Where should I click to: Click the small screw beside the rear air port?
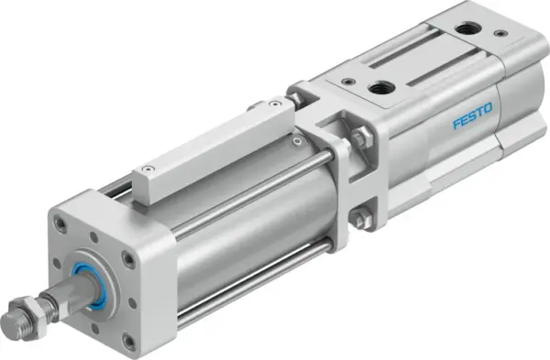pos(500,33)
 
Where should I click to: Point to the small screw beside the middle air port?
pos(346,81)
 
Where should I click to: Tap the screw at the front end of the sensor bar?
pos(147,170)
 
